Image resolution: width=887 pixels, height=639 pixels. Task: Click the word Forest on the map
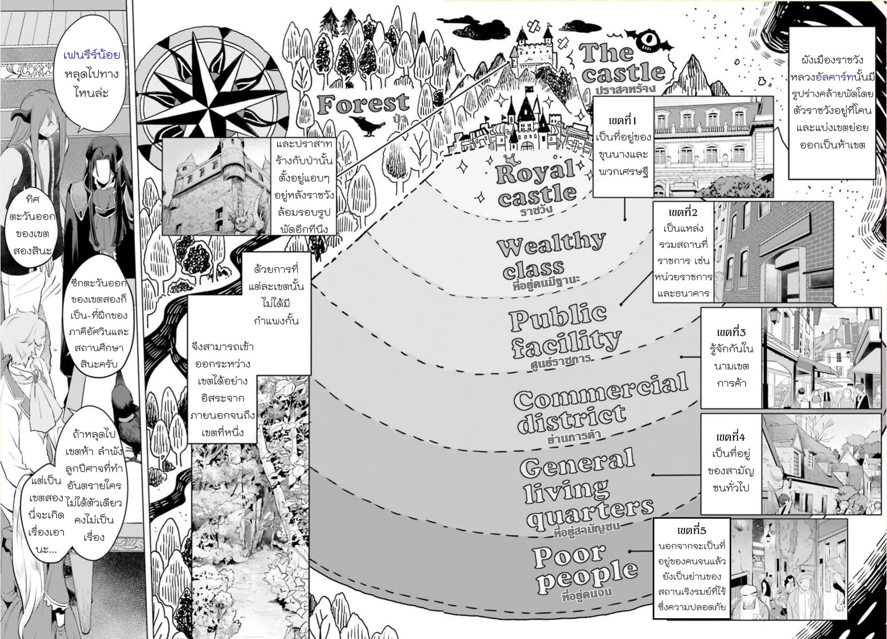[x=363, y=104]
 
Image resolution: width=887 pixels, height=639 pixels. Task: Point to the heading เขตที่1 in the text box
[x=623, y=121]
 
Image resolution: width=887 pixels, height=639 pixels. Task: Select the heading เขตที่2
[x=683, y=212]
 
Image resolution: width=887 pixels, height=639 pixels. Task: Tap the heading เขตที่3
[x=731, y=332]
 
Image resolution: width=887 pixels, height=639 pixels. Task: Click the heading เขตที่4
[x=731, y=437]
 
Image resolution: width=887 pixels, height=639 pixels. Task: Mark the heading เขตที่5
[x=691, y=531]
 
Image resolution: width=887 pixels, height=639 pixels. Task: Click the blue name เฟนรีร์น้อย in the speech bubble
[x=92, y=55]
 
